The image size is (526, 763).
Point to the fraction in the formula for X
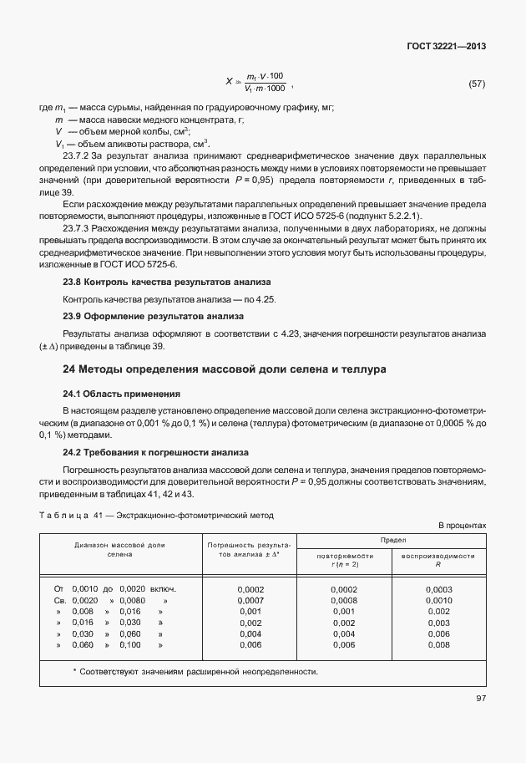(266, 82)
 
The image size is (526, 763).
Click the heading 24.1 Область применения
(122, 393)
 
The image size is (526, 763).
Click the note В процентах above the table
(462, 525)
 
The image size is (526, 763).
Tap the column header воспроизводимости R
(437, 559)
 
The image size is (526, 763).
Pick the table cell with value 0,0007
(250, 600)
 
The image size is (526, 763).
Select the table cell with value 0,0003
(438, 589)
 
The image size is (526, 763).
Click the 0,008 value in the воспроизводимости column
(438, 644)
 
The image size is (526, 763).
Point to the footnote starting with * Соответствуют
(195, 672)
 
